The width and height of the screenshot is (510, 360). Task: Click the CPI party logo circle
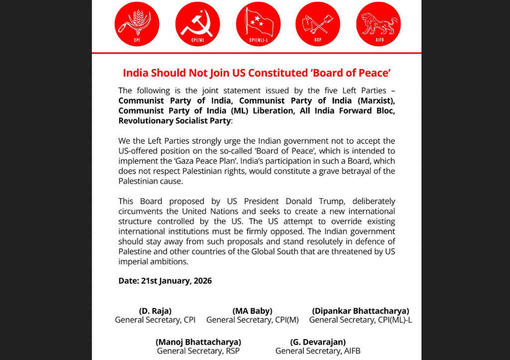136,24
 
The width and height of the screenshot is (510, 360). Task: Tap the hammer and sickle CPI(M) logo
197,24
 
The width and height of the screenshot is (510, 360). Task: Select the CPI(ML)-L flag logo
258,24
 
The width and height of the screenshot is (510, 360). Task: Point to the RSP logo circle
318,24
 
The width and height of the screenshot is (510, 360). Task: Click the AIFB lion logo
379,24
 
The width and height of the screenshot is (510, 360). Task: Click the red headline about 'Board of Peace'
256,73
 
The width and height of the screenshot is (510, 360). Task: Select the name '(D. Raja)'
155,311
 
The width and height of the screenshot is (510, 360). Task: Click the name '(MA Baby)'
253,311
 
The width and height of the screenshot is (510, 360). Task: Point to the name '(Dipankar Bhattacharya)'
361,311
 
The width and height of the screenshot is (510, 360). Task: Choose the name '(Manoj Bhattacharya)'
198,342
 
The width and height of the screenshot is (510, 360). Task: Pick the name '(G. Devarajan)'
318,342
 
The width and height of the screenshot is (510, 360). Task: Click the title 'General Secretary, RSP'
198,351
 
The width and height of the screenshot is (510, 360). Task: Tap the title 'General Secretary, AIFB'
318,351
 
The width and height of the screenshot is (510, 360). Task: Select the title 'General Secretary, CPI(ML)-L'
361,320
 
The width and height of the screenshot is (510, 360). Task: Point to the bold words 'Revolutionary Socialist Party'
174,120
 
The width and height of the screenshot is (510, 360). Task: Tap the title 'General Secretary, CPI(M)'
253,320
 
